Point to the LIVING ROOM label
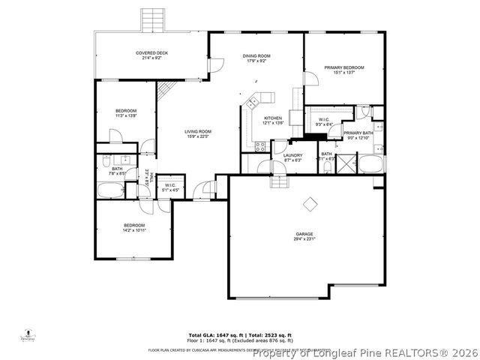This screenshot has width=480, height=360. click(198, 133)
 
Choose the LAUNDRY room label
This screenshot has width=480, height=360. click(292, 157)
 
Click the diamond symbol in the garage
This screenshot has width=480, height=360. click(309, 203)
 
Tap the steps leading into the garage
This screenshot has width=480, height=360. click(279, 181)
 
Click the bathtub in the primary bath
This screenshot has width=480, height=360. click(370, 164)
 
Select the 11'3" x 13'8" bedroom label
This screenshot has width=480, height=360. click(126, 113)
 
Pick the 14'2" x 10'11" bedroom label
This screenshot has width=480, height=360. click(134, 227)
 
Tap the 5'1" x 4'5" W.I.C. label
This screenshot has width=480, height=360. click(170, 187)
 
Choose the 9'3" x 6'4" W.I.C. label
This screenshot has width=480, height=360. click(324, 121)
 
